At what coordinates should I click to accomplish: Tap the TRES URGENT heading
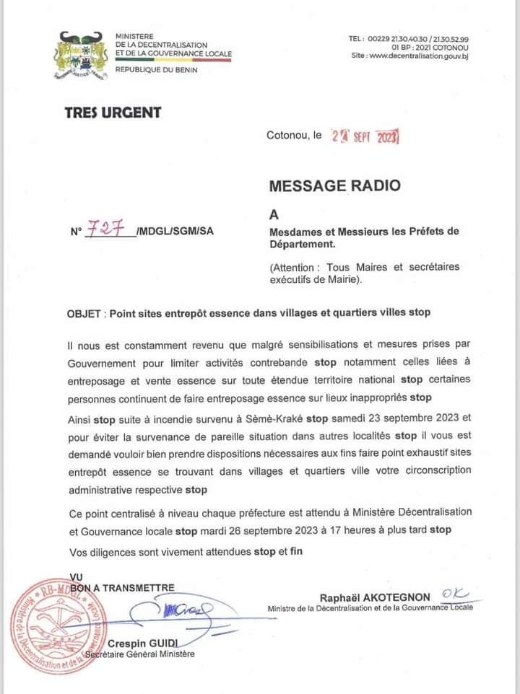tap(113, 113)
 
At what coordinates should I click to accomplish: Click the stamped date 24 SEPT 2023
tap(365, 136)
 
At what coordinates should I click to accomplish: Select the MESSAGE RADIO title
tap(334, 185)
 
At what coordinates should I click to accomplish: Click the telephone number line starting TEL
tap(409, 38)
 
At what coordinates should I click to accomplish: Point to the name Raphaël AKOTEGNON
tap(375, 597)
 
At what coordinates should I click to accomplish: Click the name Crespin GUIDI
tap(143, 643)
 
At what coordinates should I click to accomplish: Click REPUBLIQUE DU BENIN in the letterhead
tap(156, 69)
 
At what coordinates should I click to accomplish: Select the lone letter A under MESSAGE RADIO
tap(274, 214)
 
